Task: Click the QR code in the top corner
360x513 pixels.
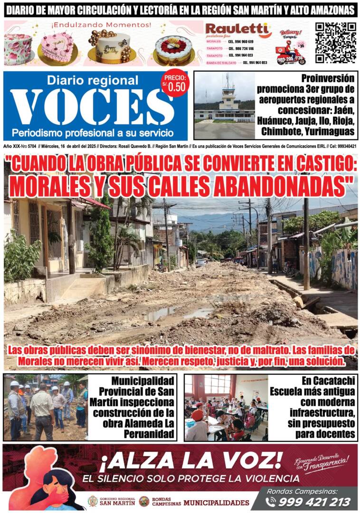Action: (335, 42)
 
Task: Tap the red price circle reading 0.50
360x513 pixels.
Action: (175, 84)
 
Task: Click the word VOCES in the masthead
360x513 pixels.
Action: (85, 107)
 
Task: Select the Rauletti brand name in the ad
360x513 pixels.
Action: (237, 30)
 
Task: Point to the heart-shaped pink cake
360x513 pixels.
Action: (57, 47)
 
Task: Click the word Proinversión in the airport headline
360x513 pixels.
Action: (328, 78)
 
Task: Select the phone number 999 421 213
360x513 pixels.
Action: (315, 502)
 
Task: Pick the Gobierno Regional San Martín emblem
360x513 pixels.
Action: (93, 501)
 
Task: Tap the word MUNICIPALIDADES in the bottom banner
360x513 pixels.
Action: (216, 502)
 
